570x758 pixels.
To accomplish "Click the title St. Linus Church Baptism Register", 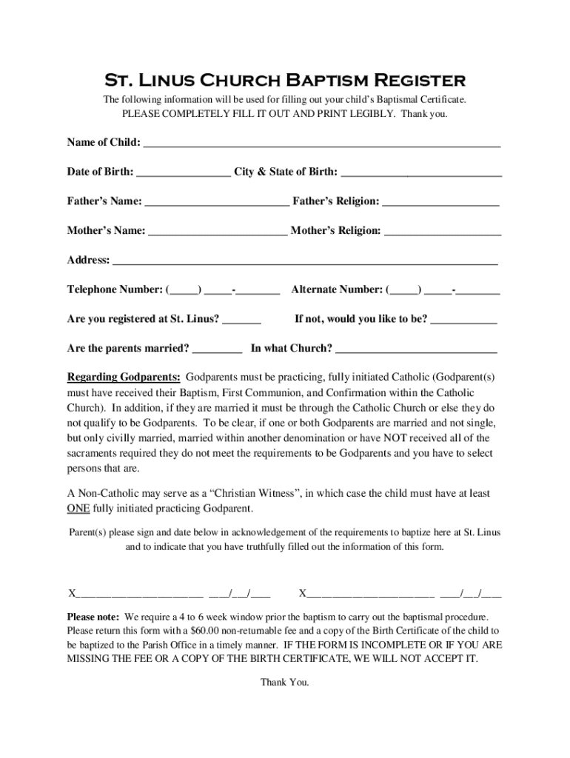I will (x=284, y=80).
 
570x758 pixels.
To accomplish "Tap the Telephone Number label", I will (x=115, y=289).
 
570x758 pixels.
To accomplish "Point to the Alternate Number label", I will (x=337, y=289).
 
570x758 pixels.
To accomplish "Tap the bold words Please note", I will (x=93, y=617).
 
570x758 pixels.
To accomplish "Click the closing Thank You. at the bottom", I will (x=284, y=682).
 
